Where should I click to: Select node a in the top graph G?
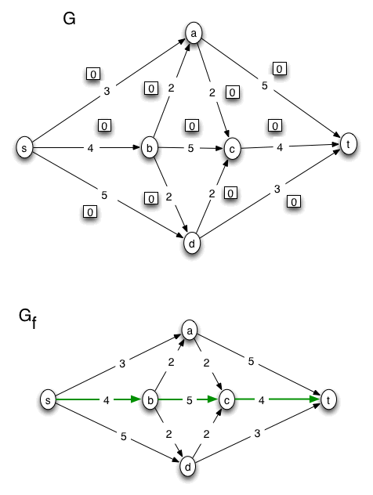(x=193, y=32)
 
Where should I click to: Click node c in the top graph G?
(x=231, y=147)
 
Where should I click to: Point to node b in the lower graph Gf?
(x=148, y=399)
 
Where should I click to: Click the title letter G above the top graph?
(x=69, y=19)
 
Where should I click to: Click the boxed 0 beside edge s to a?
(x=92, y=74)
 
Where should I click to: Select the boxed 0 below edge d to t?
(x=294, y=202)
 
